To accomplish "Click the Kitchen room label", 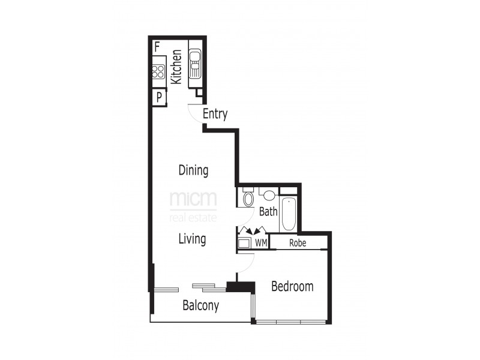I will [176, 66].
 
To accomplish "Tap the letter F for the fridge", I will [157, 46].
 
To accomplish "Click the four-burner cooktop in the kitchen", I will [158, 72].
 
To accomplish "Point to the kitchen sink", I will [196, 63].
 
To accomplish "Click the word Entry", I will [215, 114].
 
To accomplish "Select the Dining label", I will [193, 170].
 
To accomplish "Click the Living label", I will [192, 239].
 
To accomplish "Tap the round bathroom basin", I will [269, 196].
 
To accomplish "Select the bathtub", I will [289, 214].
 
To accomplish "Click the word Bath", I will [268, 211].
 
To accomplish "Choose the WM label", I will [261, 243].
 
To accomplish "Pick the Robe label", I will [298, 243].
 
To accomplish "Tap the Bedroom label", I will [292, 286].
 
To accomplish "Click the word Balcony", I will [200, 305].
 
